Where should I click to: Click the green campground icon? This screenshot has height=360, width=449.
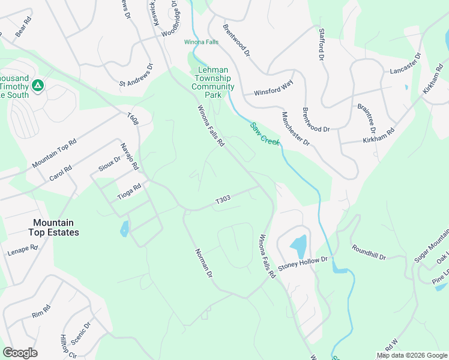[x=38, y=86]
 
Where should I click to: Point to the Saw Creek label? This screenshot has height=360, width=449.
[x=264, y=133]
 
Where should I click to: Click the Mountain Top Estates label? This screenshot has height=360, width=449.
[x=53, y=227]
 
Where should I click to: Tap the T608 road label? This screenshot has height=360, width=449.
[x=133, y=119]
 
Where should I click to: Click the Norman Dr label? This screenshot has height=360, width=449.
[x=204, y=263]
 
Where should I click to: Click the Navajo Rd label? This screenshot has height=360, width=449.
[x=129, y=157]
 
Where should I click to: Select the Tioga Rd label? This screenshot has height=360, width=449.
[x=128, y=190]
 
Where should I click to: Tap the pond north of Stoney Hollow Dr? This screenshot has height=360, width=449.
[x=298, y=245]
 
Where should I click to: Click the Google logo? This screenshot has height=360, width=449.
[x=20, y=353]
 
